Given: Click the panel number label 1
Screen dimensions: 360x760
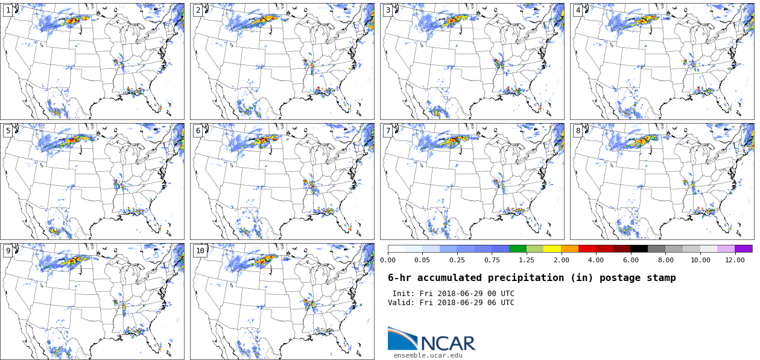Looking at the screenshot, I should pos(8,10).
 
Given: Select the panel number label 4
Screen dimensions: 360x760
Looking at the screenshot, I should pos(578,10).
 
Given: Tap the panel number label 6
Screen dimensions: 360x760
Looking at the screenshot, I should pos(198,131).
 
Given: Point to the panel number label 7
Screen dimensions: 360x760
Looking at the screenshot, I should pos(388,131).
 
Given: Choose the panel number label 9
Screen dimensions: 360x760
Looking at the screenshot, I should pos(8,251).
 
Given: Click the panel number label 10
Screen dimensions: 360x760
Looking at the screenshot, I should pos(200,251).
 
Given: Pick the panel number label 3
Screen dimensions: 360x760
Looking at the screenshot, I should pos(388,10).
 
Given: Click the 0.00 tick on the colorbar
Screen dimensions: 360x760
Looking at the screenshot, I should pos(388,260).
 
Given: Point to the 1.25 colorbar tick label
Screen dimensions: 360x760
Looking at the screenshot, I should pos(527,260).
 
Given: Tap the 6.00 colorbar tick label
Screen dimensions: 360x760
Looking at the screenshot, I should pos(630,260).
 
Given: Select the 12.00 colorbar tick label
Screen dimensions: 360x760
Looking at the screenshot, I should pos(735,260).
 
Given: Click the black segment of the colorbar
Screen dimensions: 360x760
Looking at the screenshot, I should pos(639,248).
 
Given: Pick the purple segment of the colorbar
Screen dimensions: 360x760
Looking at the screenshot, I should pos(743,248).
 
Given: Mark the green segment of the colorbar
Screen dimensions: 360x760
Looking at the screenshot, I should pos(518,248).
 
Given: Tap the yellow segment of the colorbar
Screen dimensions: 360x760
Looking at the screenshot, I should pos(552,248).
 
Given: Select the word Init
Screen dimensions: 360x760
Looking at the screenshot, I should pos(403,294).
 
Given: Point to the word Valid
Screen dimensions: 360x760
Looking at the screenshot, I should pos(401,303).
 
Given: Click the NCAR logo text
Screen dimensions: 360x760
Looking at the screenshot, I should pos(448,343).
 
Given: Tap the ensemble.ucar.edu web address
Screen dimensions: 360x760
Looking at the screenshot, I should pos(428,356).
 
